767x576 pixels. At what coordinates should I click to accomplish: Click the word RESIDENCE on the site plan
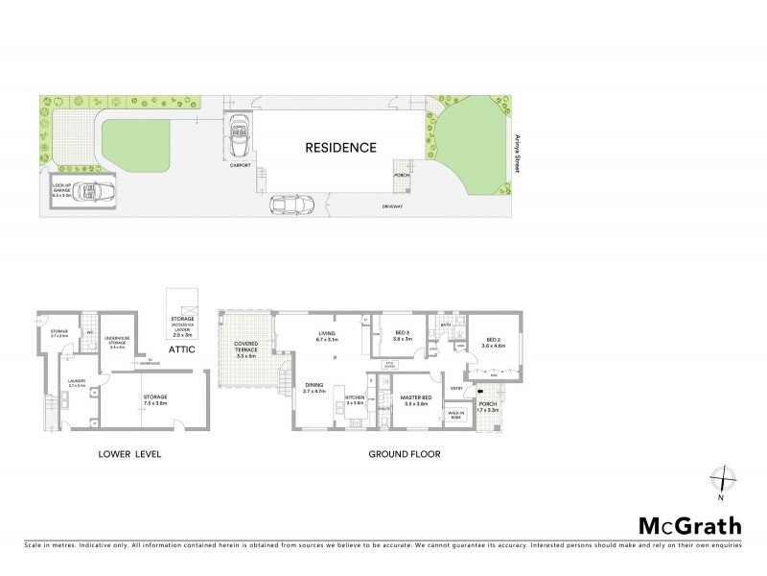340,148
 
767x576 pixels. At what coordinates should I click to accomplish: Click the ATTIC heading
182,349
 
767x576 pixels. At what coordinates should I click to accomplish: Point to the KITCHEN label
354,398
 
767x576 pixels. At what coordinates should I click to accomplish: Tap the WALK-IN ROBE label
454,416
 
